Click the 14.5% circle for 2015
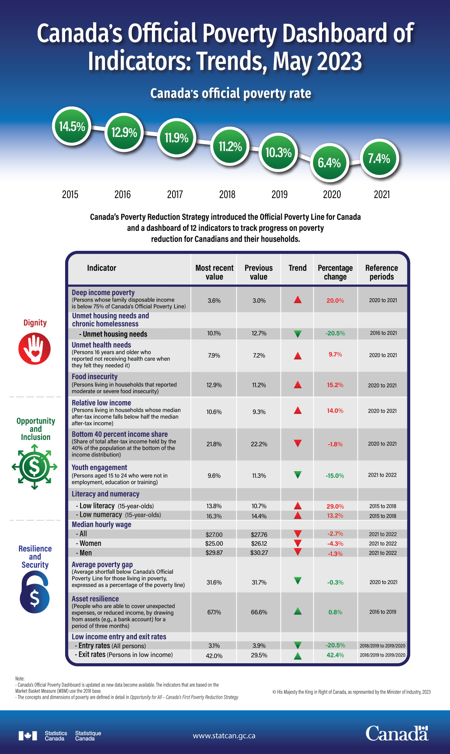coord(72,126)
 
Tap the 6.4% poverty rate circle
coord(329,163)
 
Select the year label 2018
coord(227,194)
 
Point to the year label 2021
coord(381,194)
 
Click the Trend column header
coord(297,268)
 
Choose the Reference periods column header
coord(381,272)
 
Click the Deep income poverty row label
coord(103,292)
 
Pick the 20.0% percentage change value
coord(335,301)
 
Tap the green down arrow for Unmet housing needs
coord(298,334)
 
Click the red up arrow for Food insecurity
coord(298,385)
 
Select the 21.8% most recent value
coord(214,444)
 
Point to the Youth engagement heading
coord(99,468)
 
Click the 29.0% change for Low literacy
coord(335,506)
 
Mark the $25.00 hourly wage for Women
coord(214,544)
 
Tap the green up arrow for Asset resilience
coord(298,612)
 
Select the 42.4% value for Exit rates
coord(335,655)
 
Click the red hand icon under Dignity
coord(35,348)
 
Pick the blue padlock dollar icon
coord(35,592)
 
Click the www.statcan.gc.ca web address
coord(224,736)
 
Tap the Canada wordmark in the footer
coord(396,733)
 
